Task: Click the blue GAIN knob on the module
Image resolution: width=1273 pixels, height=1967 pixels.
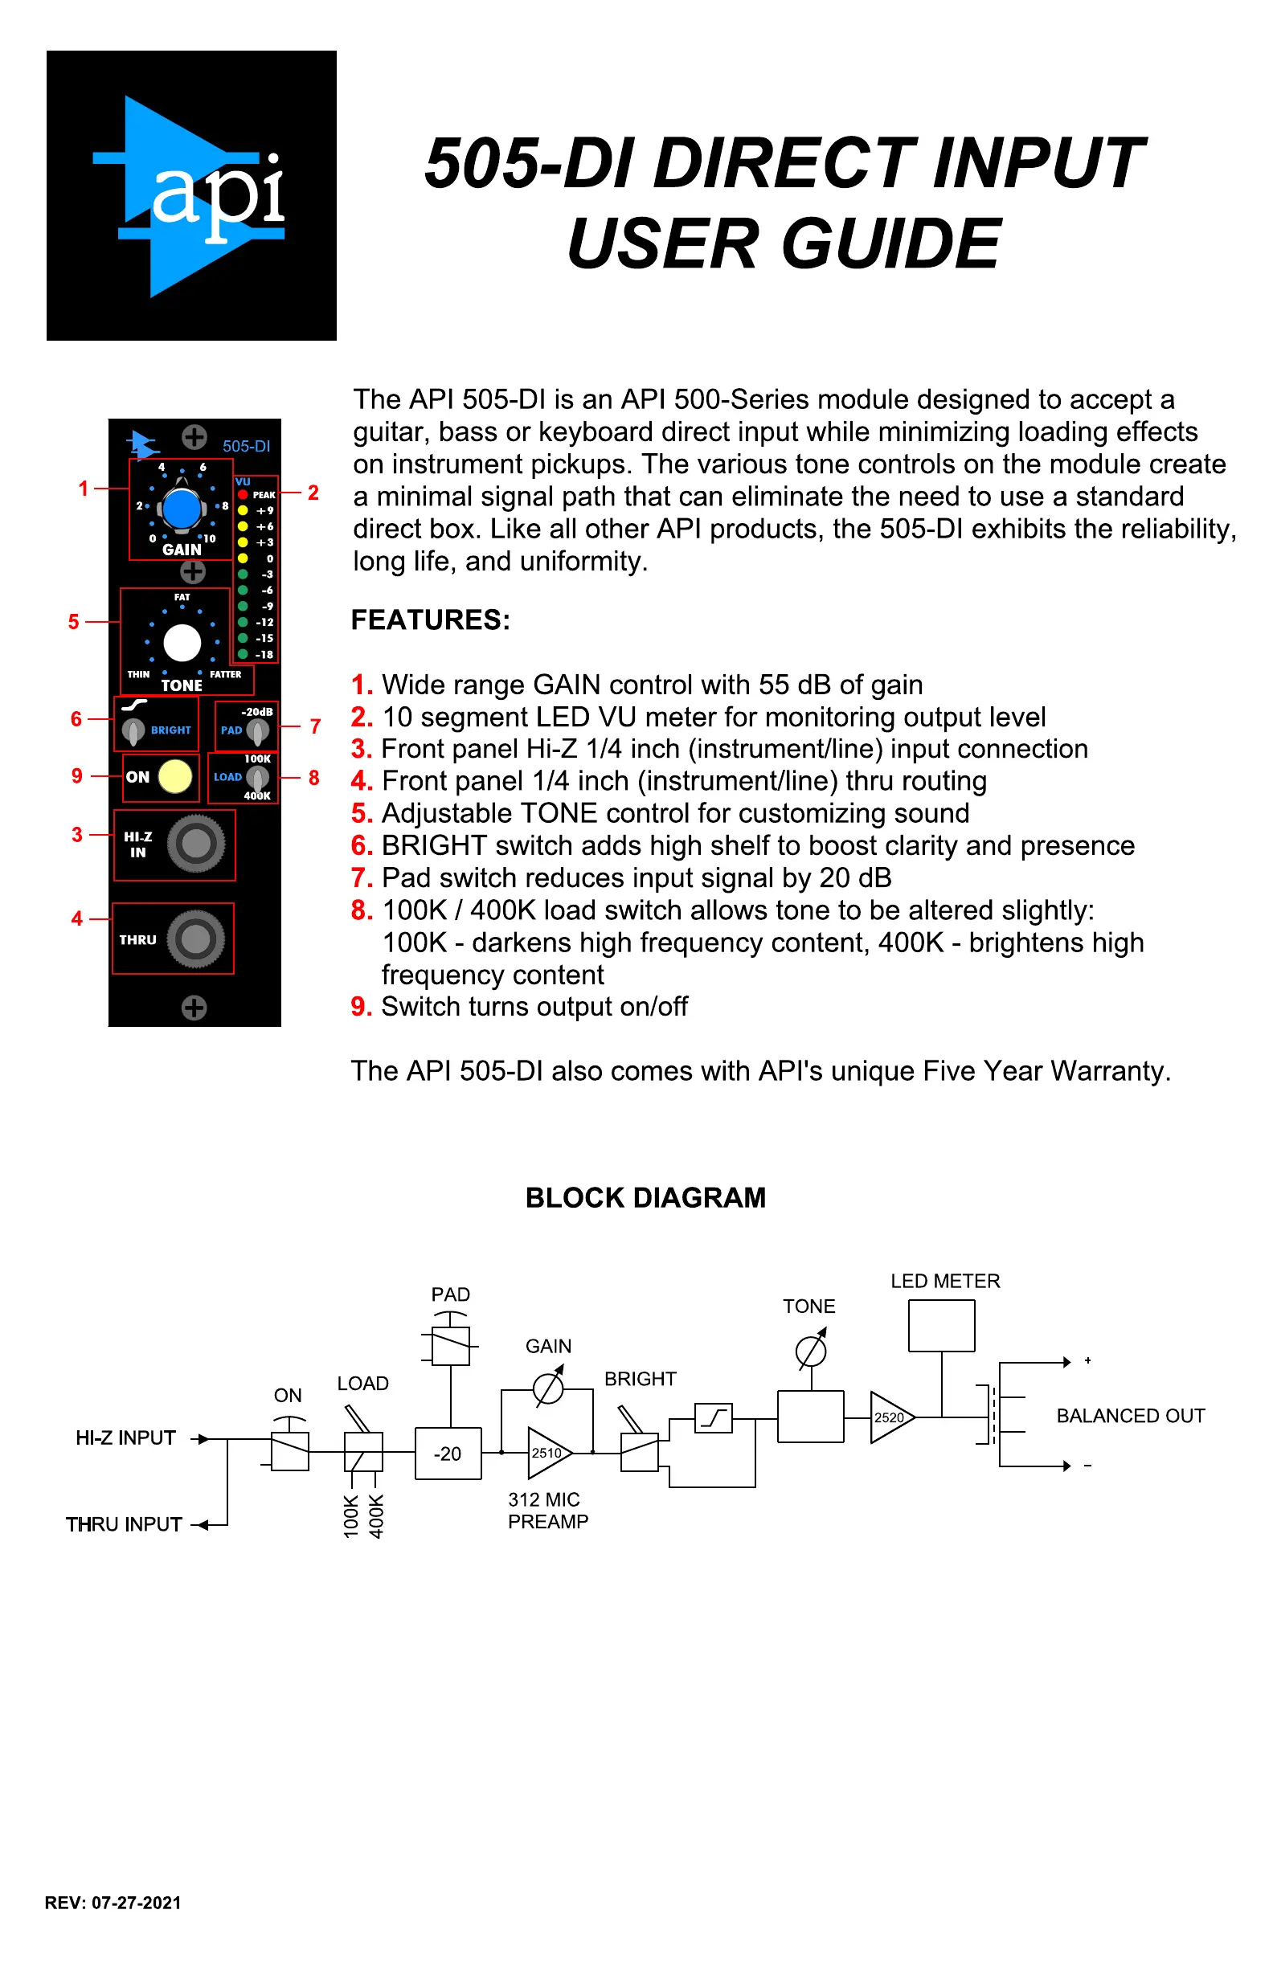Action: [x=181, y=509]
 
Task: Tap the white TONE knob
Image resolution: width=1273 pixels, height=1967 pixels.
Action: [x=182, y=642]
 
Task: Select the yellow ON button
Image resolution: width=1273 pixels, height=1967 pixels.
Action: [x=174, y=776]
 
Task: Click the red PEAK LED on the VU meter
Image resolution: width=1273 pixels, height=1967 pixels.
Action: [x=243, y=494]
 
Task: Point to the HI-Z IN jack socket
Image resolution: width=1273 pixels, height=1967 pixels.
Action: [x=196, y=844]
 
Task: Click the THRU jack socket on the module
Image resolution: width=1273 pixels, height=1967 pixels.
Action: [x=196, y=939]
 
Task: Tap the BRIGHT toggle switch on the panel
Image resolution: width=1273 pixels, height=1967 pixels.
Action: [x=133, y=730]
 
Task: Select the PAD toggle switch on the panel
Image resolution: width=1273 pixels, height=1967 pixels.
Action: [x=257, y=730]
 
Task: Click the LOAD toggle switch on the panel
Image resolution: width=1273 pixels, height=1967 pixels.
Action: [x=257, y=777]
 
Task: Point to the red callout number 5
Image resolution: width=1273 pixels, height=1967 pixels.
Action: [x=74, y=621]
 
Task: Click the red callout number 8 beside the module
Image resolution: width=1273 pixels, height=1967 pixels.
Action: [x=314, y=778]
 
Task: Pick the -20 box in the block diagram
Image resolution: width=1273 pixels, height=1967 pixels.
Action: [x=448, y=1454]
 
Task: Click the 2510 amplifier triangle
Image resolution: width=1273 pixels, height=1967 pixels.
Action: [x=547, y=1453]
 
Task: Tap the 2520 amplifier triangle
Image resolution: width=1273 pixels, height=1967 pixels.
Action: [x=890, y=1417]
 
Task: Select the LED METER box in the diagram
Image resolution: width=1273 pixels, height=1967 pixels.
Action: [x=942, y=1326]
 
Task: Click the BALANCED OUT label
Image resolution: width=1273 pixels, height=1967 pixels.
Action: [x=1130, y=1416]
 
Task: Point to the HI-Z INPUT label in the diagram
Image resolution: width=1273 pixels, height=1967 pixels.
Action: [x=125, y=1438]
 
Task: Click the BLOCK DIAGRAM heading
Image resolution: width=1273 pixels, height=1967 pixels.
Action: [x=645, y=1197]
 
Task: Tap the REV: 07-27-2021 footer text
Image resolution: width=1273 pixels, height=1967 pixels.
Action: [x=113, y=1903]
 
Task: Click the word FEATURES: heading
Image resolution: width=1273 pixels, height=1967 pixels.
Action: [x=431, y=620]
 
